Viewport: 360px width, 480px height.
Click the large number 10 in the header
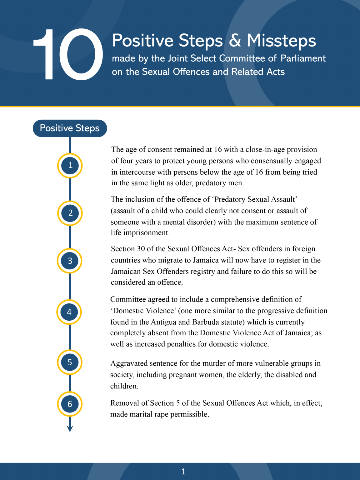click(68, 54)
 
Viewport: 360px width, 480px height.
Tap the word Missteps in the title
click(281, 41)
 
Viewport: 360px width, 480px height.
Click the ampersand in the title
click(235, 41)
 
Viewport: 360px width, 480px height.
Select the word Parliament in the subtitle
click(303, 58)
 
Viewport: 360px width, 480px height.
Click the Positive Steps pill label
click(70, 128)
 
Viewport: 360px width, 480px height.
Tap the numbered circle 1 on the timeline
click(70, 165)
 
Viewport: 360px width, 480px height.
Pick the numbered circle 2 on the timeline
click(70, 213)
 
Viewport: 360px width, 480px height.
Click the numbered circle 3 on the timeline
click(70, 261)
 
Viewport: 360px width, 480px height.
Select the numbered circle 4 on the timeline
click(69, 312)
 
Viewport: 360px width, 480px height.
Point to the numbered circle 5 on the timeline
click(70, 362)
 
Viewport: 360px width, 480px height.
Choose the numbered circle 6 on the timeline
click(70, 404)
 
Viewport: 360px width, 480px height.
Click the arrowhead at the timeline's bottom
click(70, 429)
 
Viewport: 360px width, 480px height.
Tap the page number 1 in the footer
click(183, 472)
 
